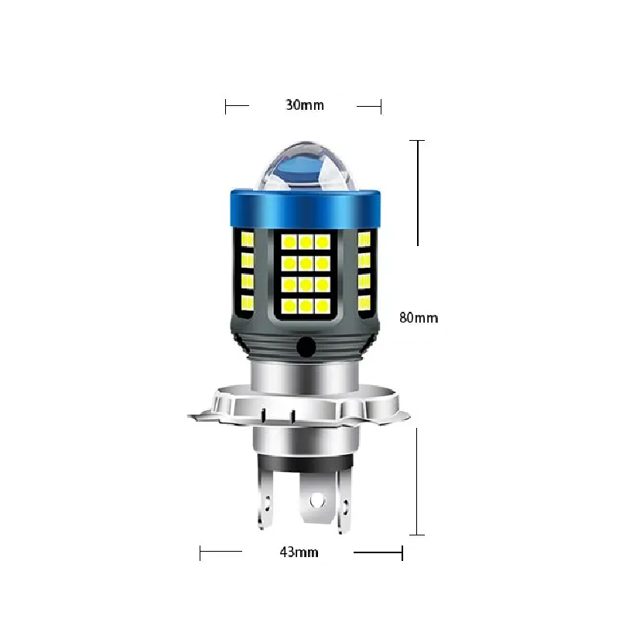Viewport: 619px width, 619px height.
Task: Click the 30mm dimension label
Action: click(304, 105)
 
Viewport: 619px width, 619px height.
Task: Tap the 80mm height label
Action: click(419, 318)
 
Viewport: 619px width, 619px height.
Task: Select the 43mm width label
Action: click(299, 552)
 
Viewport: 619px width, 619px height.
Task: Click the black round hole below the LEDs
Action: click(306, 347)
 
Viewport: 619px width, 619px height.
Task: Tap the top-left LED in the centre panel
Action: click(289, 242)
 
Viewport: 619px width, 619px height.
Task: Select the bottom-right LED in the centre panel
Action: click(323, 305)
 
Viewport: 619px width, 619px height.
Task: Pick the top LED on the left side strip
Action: click(247, 239)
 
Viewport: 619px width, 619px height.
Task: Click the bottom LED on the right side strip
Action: click(364, 303)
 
